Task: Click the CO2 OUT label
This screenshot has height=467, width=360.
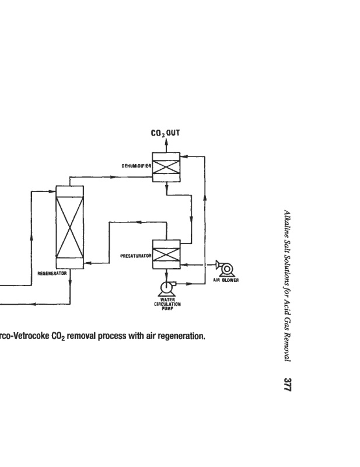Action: pyautogui.click(x=165, y=133)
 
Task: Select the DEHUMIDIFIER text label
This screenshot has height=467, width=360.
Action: pyautogui.click(x=137, y=166)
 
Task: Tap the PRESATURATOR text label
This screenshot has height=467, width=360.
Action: pyautogui.click(x=136, y=256)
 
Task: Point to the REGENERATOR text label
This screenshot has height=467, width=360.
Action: pyautogui.click(x=52, y=273)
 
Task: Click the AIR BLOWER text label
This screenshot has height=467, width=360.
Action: pyautogui.click(x=226, y=280)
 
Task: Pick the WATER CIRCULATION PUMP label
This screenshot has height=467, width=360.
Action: pyautogui.click(x=167, y=304)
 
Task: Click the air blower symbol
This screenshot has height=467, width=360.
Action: pyautogui.click(x=225, y=269)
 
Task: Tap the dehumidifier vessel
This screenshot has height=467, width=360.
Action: pyautogui.click(x=166, y=167)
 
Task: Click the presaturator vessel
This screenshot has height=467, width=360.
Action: pyautogui.click(x=166, y=255)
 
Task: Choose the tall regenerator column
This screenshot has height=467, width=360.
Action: pyautogui.click(x=70, y=228)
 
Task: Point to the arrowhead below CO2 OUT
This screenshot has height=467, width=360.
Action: pyautogui.click(x=166, y=141)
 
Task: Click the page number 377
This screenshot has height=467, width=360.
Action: pyautogui.click(x=287, y=385)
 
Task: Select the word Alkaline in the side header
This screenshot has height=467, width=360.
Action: pyautogui.click(x=287, y=222)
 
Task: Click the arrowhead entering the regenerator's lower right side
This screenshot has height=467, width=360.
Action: pyautogui.click(x=88, y=263)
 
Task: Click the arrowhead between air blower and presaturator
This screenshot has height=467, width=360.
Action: pyautogui.click(x=184, y=264)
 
